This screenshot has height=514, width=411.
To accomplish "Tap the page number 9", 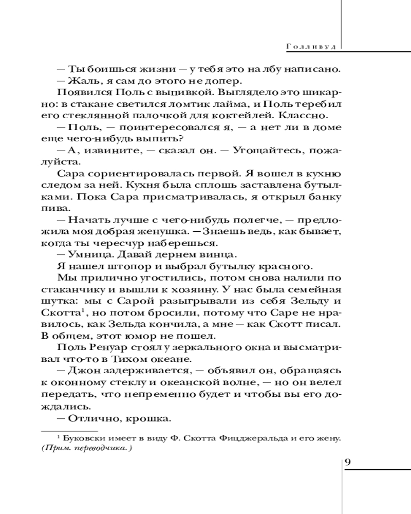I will click(347, 461).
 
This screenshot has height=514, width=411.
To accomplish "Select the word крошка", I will click(151, 419).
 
